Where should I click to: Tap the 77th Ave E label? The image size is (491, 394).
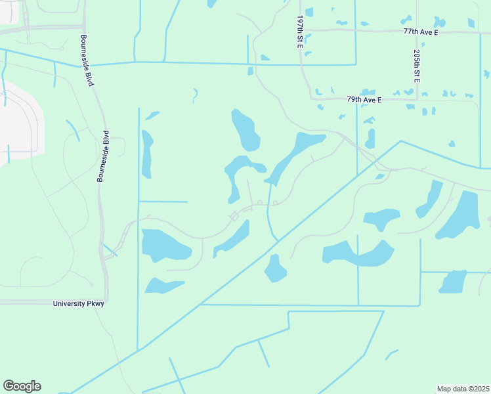point(420,31)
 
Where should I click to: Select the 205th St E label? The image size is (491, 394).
point(417,66)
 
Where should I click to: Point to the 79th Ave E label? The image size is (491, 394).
point(364,99)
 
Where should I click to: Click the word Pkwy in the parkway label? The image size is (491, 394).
point(95,303)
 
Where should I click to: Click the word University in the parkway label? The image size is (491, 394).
point(69,303)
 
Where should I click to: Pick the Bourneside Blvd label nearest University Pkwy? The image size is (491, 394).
point(103,156)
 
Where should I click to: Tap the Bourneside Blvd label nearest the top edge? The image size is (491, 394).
point(85,58)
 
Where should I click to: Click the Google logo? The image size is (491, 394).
point(22,386)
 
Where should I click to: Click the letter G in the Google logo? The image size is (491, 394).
point(9,386)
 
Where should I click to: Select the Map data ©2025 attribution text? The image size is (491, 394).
point(463,389)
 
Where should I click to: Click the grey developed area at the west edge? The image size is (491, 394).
point(20,125)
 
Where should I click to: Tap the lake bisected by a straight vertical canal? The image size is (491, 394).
point(358,253)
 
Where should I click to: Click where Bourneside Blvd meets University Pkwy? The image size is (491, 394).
point(106,301)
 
